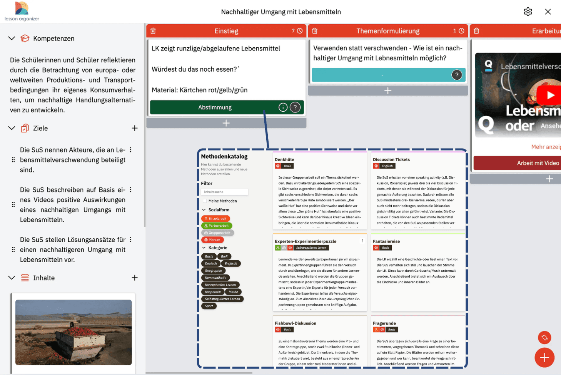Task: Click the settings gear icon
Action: [528, 12]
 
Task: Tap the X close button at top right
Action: [548, 12]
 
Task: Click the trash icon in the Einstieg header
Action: [153, 31]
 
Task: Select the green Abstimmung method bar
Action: [215, 107]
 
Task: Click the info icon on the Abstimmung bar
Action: [283, 107]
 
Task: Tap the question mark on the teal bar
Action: [456, 75]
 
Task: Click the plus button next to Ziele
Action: [135, 128]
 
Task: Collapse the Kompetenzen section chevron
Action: [12, 39]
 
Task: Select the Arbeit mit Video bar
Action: [538, 163]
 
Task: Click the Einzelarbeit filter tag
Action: [215, 219]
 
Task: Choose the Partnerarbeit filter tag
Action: [217, 226]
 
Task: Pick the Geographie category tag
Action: [213, 271]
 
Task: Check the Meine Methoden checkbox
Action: [204, 201]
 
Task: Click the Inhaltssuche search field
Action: [225, 192]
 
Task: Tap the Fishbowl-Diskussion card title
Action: [295, 323]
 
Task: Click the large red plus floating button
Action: [544, 358]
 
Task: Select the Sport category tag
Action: [209, 306]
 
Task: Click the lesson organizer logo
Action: [22, 11]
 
